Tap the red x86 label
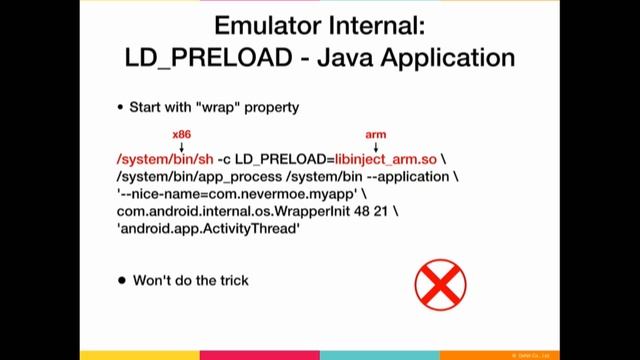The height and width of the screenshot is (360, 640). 181,134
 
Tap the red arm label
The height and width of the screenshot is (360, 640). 375,134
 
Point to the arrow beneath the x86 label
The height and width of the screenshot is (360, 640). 181,147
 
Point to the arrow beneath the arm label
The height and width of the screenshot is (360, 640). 375,147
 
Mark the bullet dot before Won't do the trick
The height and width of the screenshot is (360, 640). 122,281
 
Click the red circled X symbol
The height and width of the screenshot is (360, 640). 440,283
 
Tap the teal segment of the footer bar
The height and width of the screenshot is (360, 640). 380,354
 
